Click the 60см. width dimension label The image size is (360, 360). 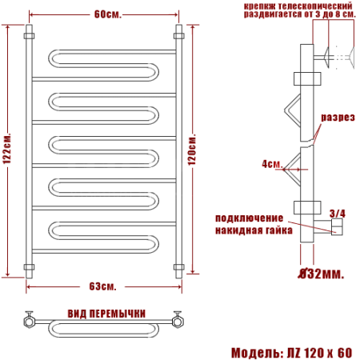pyautogui.click(x=108, y=14)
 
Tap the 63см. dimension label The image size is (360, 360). pyautogui.click(x=102, y=286)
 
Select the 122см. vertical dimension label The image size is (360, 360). pyautogui.click(x=7, y=148)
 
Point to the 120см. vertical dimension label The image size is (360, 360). pyautogui.click(x=192, y=150)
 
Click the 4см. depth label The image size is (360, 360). pyautogui.click(x=272, y=163)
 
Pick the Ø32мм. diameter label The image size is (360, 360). pyautogui.click(x=321, y=274)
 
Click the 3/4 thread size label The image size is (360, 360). pyautogui.click(x=338, y=214)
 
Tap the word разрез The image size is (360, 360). pyautogui.click(x=338, y=118)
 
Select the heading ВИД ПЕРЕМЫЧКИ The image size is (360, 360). pyautogui.click(x=106, y=314)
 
